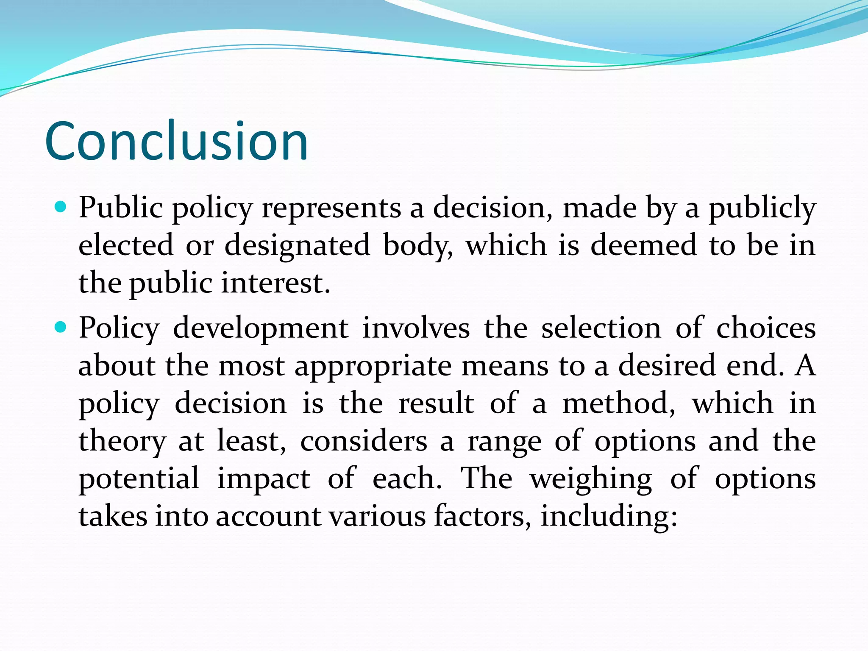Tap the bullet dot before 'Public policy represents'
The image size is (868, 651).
click(61, 207)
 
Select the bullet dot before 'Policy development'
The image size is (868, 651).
click(61, 327)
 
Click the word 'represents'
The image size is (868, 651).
click(331, 209)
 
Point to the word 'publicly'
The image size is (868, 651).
click(762, 209)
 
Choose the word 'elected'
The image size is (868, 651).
click(126, 245)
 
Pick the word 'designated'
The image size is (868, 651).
click(297, 246)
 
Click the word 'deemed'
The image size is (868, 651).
click(643, 245)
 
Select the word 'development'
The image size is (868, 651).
click(261, 329)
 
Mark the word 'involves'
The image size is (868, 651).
click(416, 329)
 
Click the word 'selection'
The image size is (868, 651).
click(601, 329)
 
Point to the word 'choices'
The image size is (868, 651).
click(766, 329)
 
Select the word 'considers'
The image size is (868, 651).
click(364, 441)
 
